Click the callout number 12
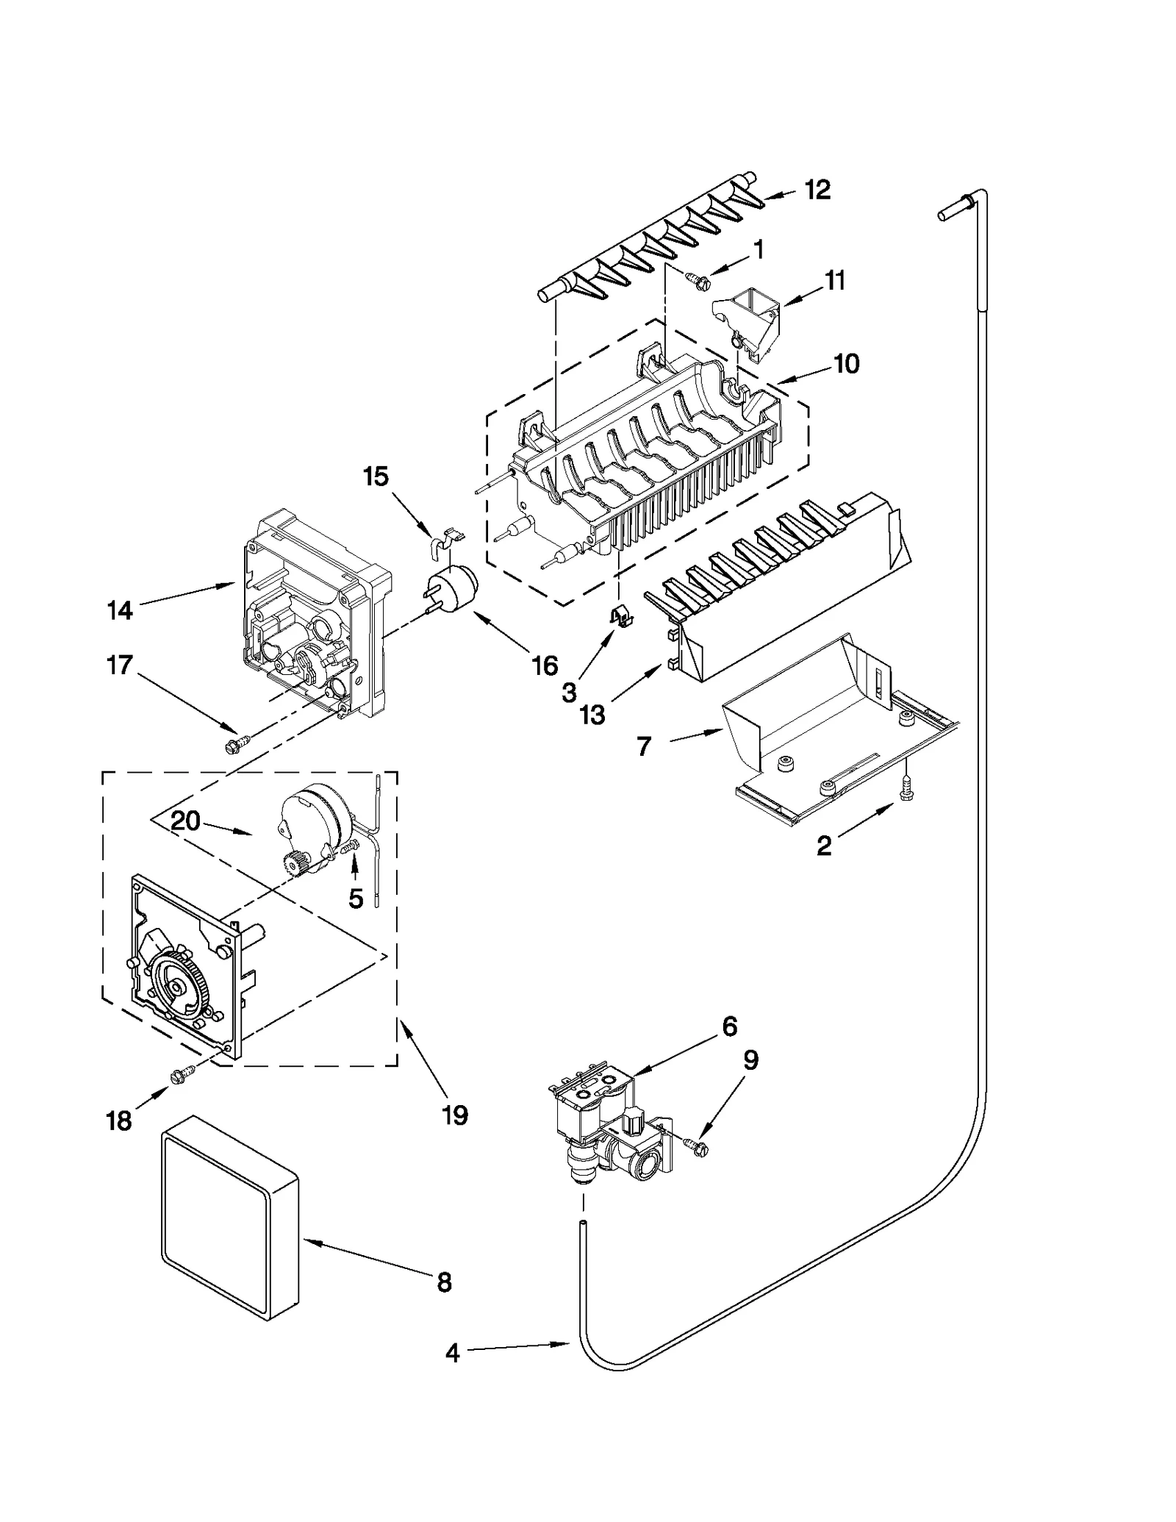817,190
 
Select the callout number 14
120,610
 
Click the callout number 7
644,746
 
